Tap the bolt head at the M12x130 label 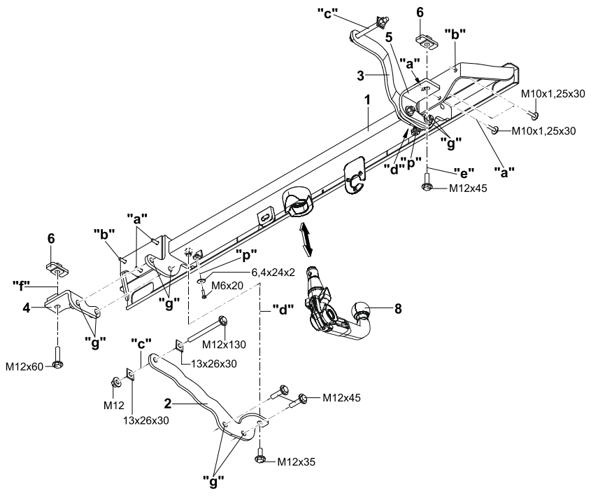pos(222,322)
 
